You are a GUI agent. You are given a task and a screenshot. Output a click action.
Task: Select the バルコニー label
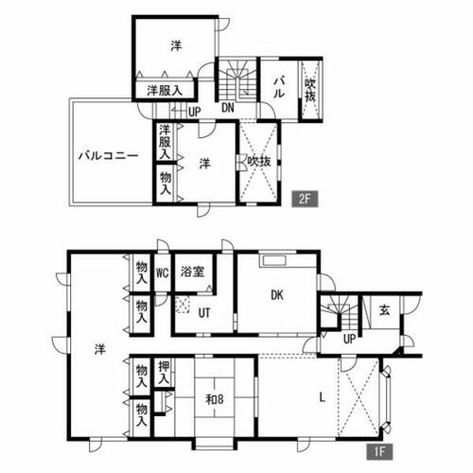(x=109, y=156)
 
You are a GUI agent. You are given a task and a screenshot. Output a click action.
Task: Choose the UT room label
(x=204, y=316)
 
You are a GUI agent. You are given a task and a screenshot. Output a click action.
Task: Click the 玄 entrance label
(x=385, y=309)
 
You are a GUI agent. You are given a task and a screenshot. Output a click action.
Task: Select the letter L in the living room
(x=323, y=398)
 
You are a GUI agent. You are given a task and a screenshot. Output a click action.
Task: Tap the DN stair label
(x=229, y=107)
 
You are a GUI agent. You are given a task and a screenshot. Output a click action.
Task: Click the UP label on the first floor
(x=349, y=338)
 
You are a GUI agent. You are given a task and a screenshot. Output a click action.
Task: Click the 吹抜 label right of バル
(x=310, y=91)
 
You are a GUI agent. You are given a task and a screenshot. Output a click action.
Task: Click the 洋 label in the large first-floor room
(x=99, y=349)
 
